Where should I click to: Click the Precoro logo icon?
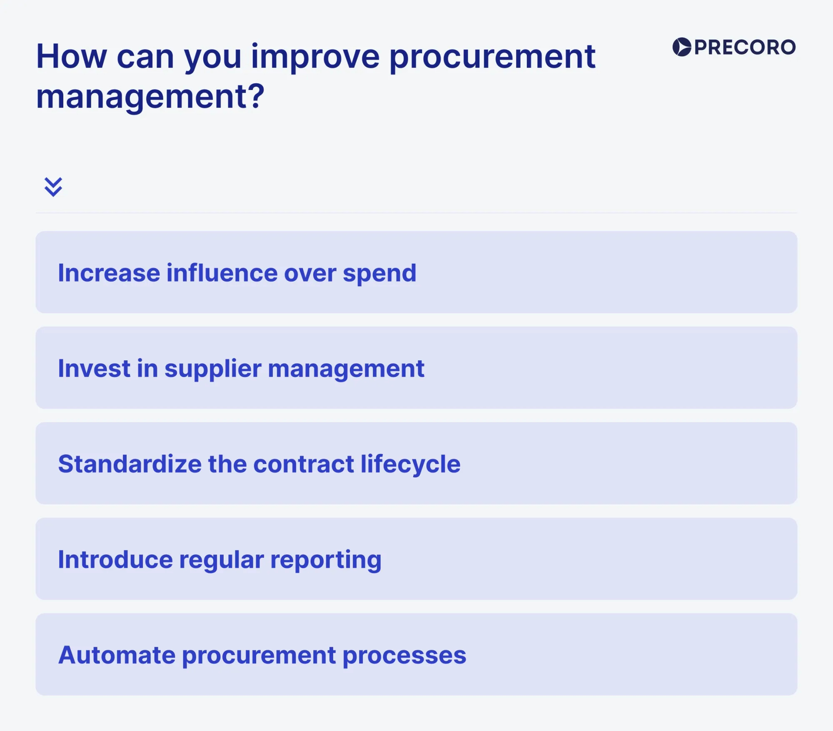[682, 47]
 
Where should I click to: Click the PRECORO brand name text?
[745, 47]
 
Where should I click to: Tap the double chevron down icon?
[53, 187]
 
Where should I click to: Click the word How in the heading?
[72, 57]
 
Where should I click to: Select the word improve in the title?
[315, 57]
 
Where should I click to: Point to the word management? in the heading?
[150, 97]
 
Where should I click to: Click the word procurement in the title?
[492, 57]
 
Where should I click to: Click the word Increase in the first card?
[109, 273]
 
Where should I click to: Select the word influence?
[222, 273]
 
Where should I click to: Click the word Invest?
[94, 369]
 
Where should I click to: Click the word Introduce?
[115, 559]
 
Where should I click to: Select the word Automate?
[117, 655]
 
